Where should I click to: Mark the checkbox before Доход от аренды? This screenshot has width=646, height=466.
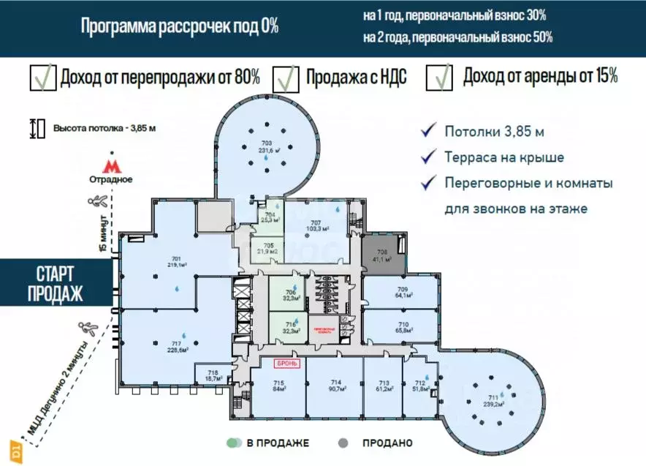pyautogui.click(x=439, y=77)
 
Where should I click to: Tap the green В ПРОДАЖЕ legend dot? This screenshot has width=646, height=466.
pyautogui.click(x=234, y=443)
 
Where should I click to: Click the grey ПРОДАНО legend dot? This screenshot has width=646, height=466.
pyautogui.click(x=342, y=443)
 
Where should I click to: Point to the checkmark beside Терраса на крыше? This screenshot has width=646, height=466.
pyautogui.click(x=428, y=157)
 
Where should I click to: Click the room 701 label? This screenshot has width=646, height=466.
pyautogui.click(x=176, y=258)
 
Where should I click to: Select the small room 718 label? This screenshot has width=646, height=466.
pyautogui.click(x=213, y=372)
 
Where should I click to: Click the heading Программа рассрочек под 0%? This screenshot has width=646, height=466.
pyautogui.click(x=180, y=27)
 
